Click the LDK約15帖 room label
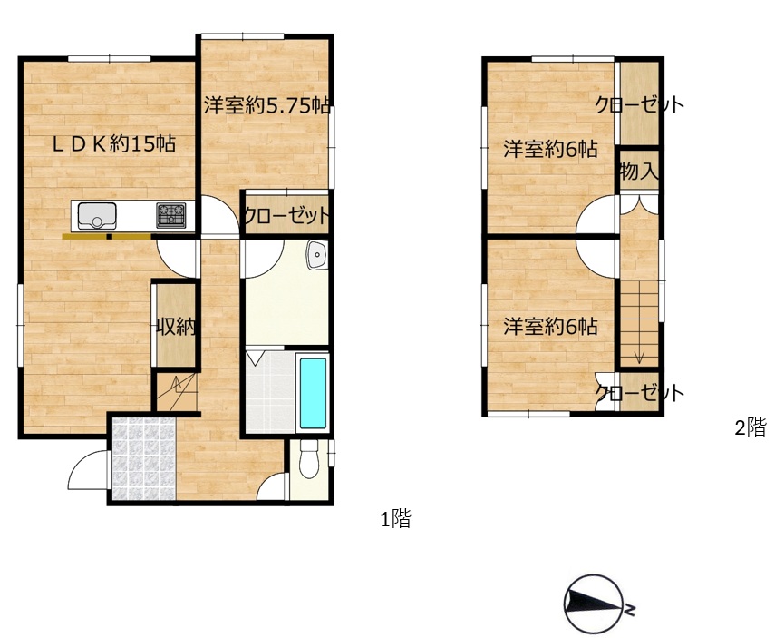tap(114, 143)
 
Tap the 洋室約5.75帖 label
tap(267, 105)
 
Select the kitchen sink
tap(97, 216)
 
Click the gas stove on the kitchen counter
tap(171, 215)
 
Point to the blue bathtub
tap(313, 393)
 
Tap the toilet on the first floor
tap(309, 458)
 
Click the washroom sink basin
tap(316, 255)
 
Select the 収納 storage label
tap(176, 327)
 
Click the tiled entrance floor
tap(144, 458)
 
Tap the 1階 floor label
tap(395, 519)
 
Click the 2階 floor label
tap(751, 427)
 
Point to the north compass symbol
tap(593, 604)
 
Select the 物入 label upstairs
tap(639, 172)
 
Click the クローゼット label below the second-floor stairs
tap(640, 392)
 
